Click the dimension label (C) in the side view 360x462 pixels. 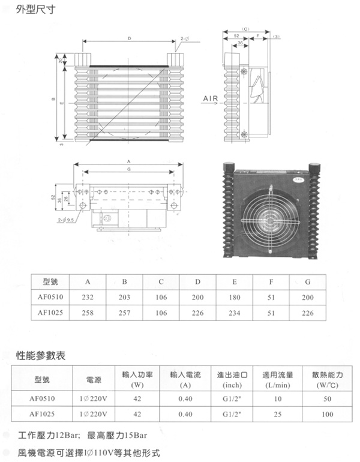tap(245, 28)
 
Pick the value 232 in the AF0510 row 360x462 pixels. tap(88, 298)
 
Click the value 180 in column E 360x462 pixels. tap(234, 298)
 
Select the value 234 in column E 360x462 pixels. tap(234, 313)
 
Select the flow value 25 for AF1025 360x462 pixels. tap(278, 414)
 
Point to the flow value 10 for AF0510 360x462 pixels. tap(278, 399)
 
